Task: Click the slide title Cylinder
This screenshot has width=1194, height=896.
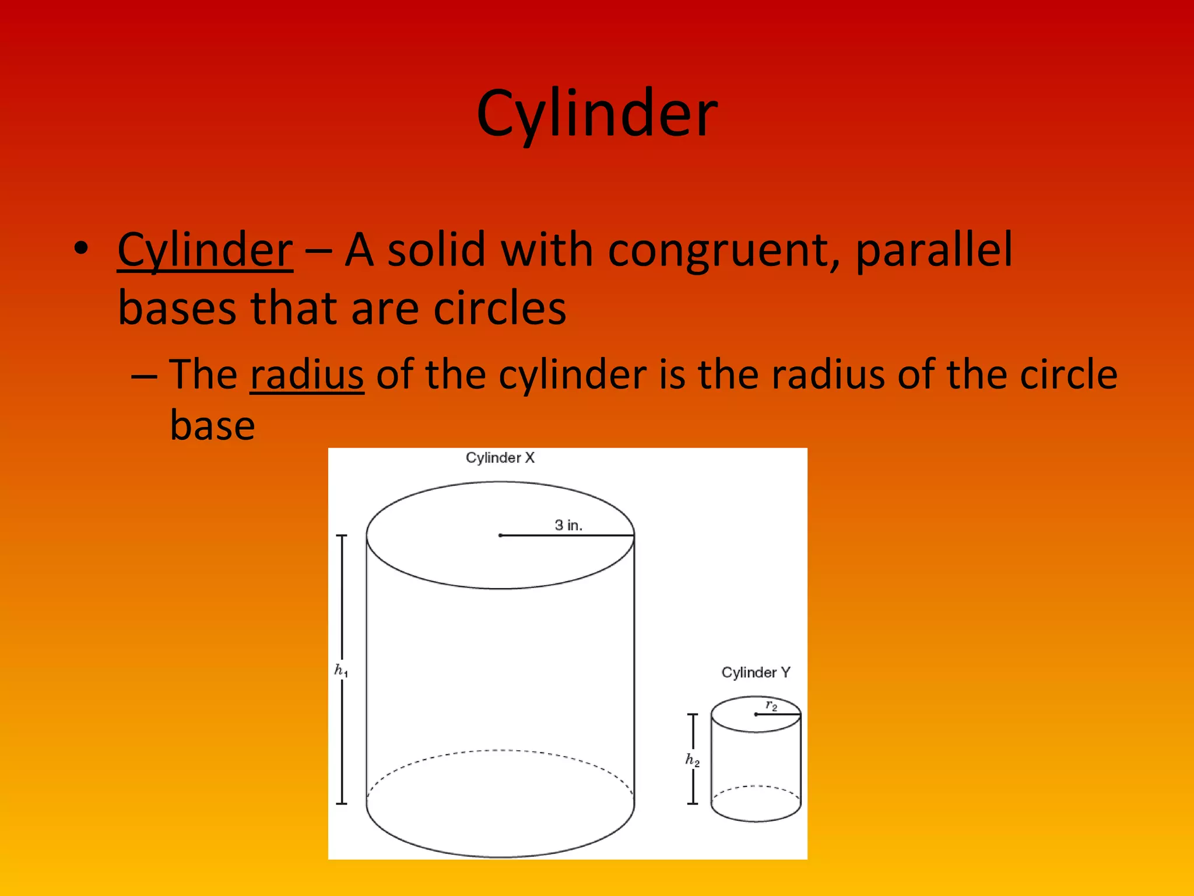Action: tap(597, 114)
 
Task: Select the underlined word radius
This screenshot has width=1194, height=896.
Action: tap(307, 374)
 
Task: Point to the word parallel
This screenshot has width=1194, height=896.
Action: tap(934, 250)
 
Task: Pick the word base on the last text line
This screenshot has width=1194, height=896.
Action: tap(212, 425)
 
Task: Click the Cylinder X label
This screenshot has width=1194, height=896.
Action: tap(500, 458)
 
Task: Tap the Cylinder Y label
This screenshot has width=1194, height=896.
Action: tap(756, 673)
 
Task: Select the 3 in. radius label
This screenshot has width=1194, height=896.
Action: tap(568, 525)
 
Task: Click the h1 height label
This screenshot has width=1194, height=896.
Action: tap(341, 671)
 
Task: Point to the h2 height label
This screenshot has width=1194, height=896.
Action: tap(692, 759)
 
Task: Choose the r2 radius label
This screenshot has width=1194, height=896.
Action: tap(771, 706)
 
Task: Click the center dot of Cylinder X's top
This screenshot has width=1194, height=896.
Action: tap(500, 535)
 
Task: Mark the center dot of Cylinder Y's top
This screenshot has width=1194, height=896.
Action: tap(756, 715)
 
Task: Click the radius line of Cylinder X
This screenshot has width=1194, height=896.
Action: tap(568, 535)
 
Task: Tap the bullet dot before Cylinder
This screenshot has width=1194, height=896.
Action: tap(81, 248)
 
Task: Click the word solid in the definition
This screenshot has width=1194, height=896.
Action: tap(437, 250)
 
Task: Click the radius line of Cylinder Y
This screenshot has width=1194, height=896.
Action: tap(779, 715)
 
